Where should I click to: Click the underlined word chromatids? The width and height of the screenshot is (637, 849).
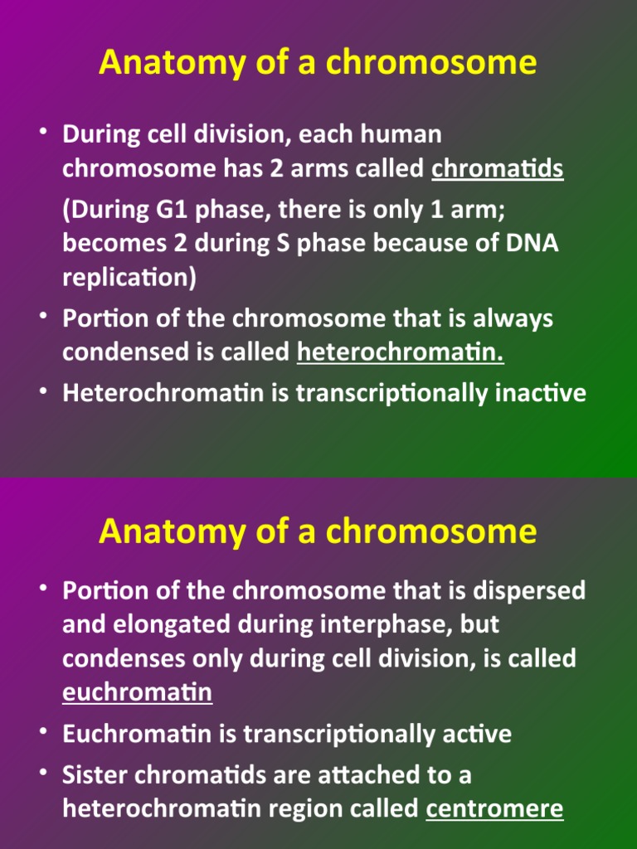(498, 169)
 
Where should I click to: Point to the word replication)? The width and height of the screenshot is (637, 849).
(129, 278)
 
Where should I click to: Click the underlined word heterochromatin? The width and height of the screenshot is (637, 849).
(400, 352)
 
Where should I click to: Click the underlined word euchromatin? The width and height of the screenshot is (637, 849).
(137, 692)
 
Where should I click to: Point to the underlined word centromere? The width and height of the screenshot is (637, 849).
(494, 808)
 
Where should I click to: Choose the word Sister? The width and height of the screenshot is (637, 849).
(93, 775)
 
